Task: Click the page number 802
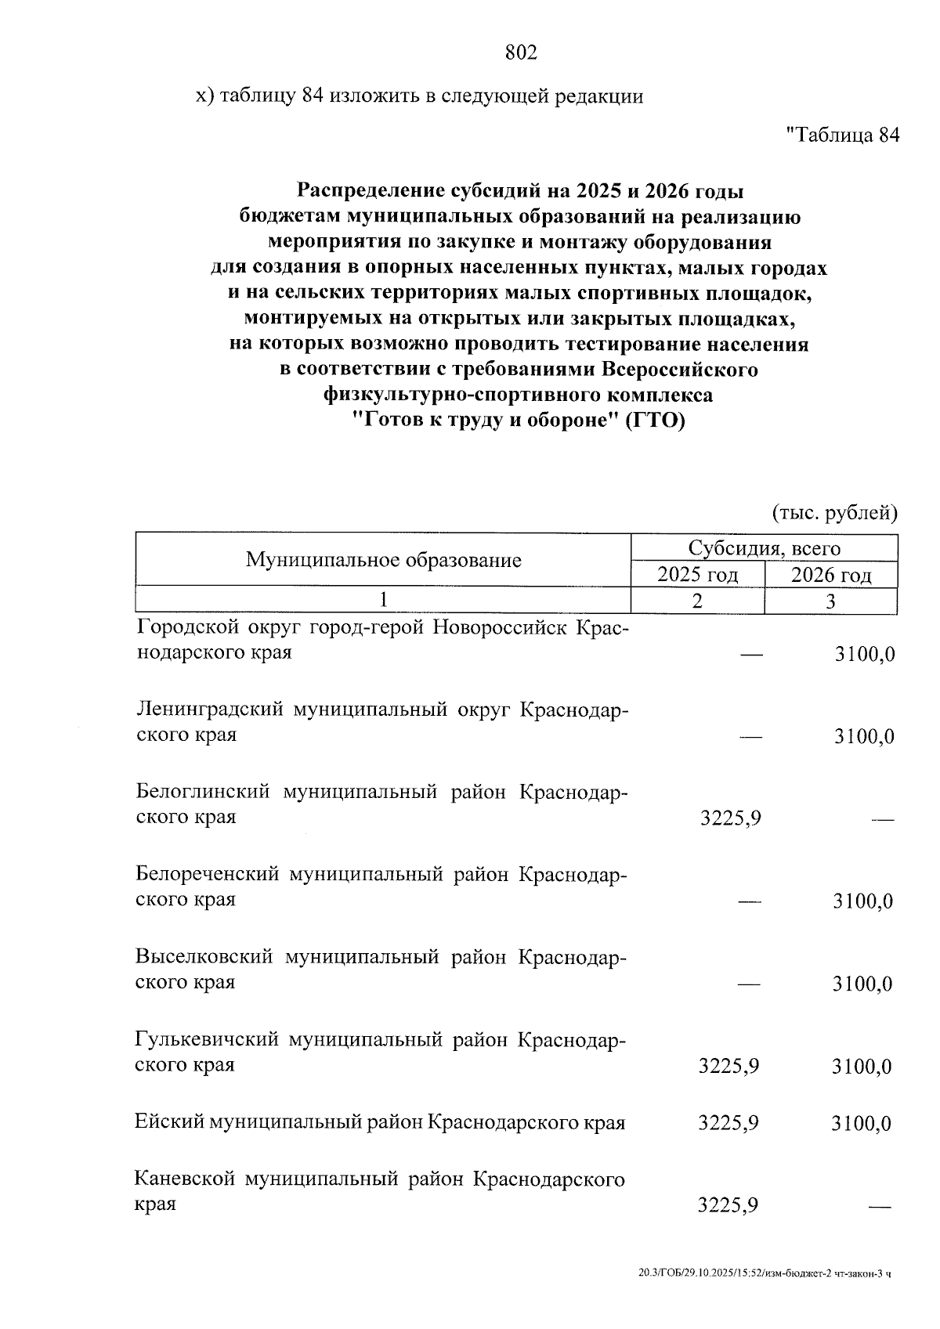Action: coord(521,52)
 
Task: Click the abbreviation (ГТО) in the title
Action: coord(654,421)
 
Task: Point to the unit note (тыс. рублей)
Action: coord(834,513)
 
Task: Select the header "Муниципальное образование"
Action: coord(384,560)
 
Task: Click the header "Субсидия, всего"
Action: coord(764,548)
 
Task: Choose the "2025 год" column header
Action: coord(697,576)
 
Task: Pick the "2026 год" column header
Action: coord(831,576)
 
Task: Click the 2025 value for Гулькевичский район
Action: coord(728,1066)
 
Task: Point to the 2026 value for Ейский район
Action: coord(861,1124)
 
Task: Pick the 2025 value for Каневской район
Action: coord(728,1205)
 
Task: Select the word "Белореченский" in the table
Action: coord(207,874)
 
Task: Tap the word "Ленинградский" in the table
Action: coord(209,710)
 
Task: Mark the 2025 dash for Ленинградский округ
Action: coord(750,737)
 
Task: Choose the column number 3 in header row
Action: coord(830,601)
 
